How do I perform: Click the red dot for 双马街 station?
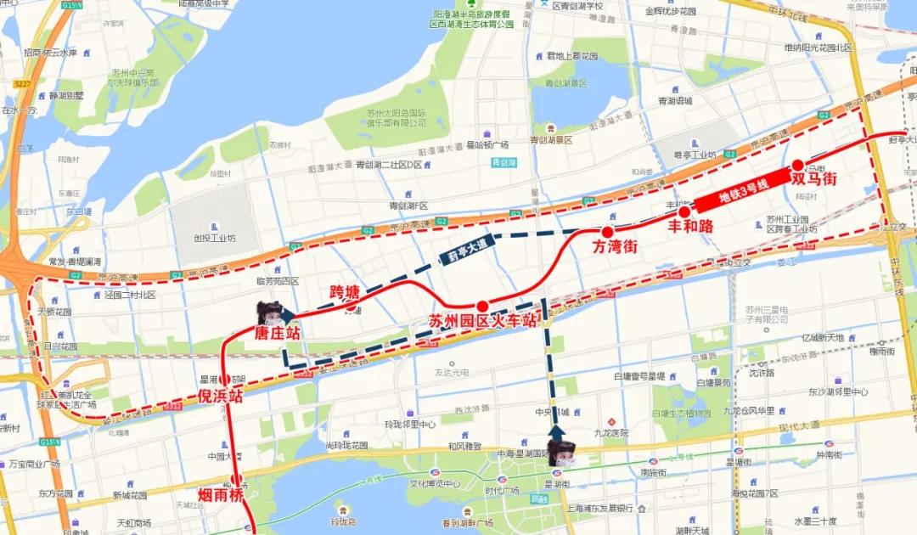click(x=797, y=165)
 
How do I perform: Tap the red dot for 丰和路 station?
click(x=684, y=211)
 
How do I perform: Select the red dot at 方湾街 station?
click(x=607, y=232)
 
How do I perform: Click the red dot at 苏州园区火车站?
click(x=481, y=306)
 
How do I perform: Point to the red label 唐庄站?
click(x=278, y=334)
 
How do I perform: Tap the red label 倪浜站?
click(x=221, y=396)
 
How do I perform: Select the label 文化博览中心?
click(x=436, y=484)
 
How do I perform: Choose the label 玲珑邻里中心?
click(x=410, y=424)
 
